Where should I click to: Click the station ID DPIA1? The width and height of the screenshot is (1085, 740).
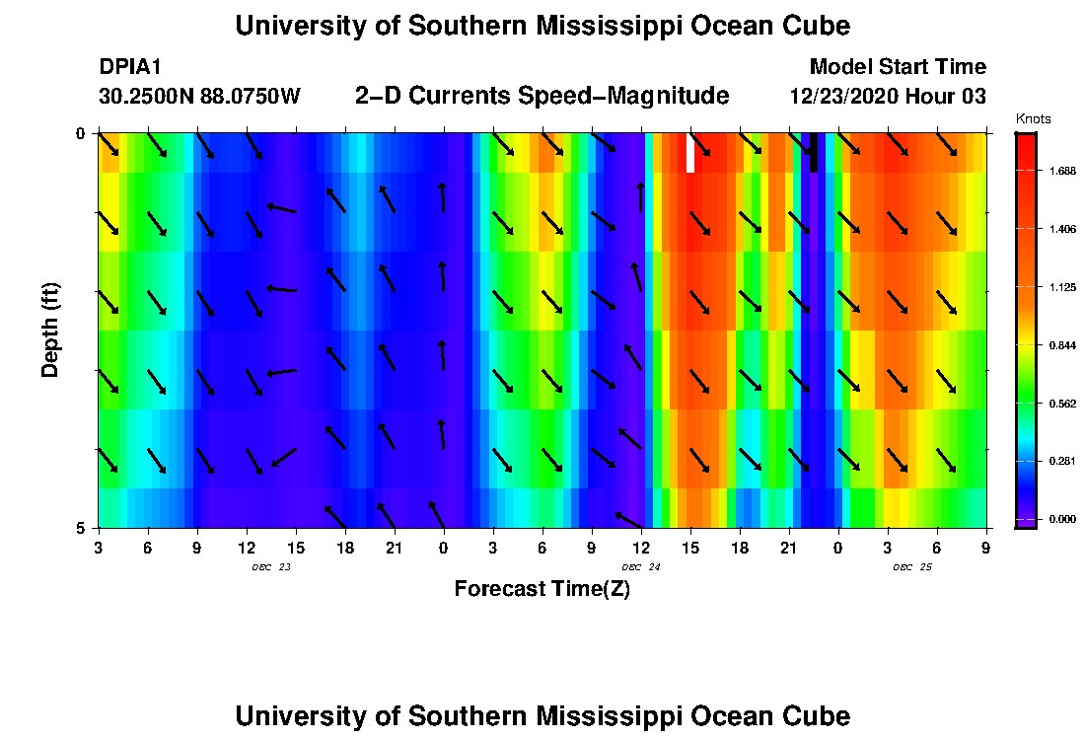click(129, 67)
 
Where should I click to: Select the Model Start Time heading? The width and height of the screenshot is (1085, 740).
click(897, 67)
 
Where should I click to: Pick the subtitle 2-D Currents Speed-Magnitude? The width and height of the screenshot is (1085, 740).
click(542, 96)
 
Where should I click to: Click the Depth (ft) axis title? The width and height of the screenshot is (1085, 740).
click(50, 331)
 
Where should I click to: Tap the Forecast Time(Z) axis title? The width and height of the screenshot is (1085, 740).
click(542, 589)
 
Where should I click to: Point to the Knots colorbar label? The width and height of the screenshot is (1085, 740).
click(1033, 119)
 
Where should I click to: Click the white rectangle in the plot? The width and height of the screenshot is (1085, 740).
click(690, 153)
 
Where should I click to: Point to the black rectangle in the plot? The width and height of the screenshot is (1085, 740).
click(813, 153)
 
